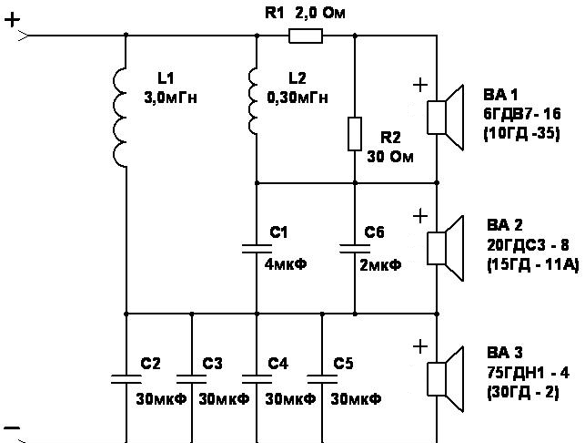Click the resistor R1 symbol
306,36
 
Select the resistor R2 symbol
355,134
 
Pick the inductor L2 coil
253,101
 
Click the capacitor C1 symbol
257,249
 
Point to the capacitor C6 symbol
355,249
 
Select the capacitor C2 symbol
126,379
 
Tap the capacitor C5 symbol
322,379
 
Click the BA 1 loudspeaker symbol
445,118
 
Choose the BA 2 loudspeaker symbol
445,248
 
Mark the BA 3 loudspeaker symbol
445,379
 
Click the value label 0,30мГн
298,98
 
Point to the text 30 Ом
390,157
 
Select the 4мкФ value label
286,264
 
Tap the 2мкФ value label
380,265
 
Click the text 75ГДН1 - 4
529,373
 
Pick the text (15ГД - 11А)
533,265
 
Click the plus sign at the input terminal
13,19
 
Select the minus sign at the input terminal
12,428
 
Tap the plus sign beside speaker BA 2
420,216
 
